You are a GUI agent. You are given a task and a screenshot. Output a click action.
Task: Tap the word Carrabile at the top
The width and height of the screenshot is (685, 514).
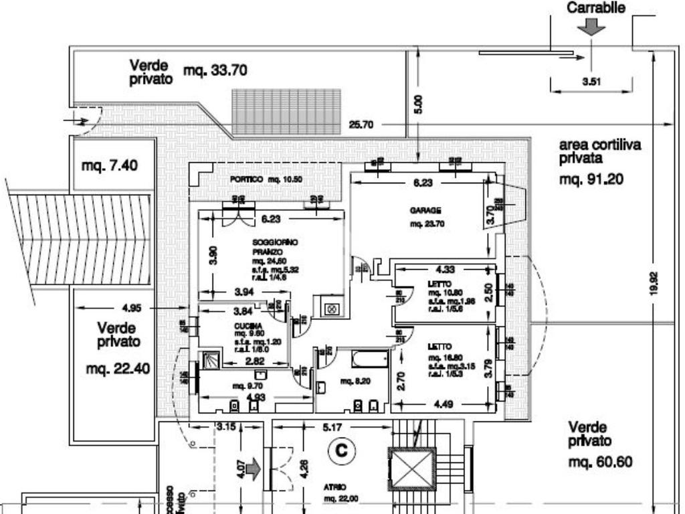(x=596, y=8)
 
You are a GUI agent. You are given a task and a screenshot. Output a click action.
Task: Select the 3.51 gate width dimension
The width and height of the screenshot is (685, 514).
(x=591, y=82)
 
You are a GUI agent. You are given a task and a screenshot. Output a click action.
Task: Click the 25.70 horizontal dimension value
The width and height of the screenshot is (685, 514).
(x=361, y=124)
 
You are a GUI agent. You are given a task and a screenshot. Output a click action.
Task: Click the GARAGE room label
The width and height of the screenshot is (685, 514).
(x=425, y=210)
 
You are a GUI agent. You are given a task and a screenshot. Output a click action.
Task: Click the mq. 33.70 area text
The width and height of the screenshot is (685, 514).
(x=215, y=70)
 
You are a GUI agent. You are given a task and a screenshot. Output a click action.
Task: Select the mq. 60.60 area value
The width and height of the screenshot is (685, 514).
(x=600, y=462)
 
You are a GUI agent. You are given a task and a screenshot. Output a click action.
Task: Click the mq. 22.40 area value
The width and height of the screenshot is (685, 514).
(x=118, y=369)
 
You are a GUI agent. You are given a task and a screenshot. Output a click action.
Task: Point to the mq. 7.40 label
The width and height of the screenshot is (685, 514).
(x=110, y=165)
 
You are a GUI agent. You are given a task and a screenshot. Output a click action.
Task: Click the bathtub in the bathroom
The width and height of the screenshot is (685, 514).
(x=369, y=359)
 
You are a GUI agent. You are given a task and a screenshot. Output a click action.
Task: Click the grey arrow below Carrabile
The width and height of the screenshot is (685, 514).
(x=593, y=27)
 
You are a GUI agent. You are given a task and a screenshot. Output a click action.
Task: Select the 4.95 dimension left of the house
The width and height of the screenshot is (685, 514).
(x=132, y=309)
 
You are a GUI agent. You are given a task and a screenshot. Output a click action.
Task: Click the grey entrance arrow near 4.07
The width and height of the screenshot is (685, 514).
(x=254, y=468)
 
